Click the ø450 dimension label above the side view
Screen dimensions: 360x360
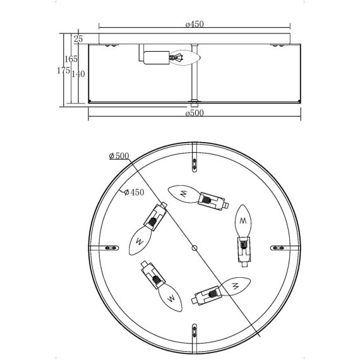(195, 24)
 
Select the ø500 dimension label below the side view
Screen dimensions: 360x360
(195, 114)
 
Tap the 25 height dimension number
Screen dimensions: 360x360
(79, 39)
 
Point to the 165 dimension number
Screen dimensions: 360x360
(71, 59)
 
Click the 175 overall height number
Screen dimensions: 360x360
(63, 71)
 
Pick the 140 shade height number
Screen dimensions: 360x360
(78, 74)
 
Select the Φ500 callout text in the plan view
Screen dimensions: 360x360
(119, 156)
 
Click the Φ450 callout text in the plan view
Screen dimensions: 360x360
(133, 192)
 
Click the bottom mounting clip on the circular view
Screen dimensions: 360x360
(195, 332)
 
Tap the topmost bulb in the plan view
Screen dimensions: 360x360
(184, 193)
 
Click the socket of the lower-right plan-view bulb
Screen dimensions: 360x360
(207, 294)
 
